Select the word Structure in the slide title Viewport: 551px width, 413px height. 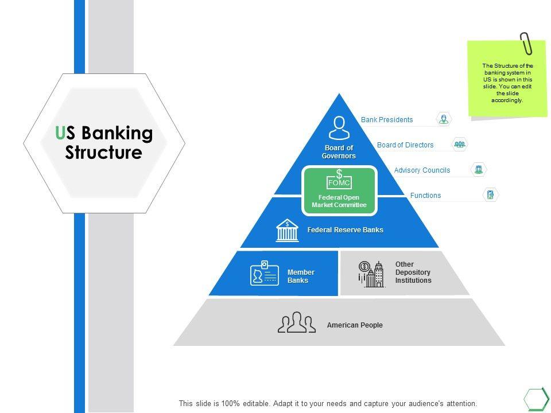coord(103,153)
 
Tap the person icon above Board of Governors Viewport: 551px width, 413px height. coord(339,127)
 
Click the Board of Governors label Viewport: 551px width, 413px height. coord(339,152)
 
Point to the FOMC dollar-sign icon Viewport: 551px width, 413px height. coord(339,180)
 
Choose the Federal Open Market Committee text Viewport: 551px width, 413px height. coord(339,201)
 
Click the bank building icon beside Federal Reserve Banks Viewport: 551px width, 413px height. coord(287,230)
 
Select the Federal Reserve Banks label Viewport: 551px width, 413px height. coord(345,230)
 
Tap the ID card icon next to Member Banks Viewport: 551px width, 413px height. coord(265,273)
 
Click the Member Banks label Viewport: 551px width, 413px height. coord(301,276)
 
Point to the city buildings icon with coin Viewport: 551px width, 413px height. coord(371,274)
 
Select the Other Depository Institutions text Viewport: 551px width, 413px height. coord(413,272)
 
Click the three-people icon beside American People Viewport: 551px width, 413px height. coord(297,322)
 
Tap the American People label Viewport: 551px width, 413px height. coord(355,325)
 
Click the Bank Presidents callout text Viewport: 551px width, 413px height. coord(387,120)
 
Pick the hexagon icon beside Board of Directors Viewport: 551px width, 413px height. coord(460,144)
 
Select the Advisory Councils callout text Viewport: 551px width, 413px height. coord(422,170)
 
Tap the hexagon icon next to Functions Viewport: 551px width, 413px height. coord(490,195)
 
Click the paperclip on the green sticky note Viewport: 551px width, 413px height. coord(526,43)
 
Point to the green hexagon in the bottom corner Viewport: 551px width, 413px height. coord(536,398)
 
